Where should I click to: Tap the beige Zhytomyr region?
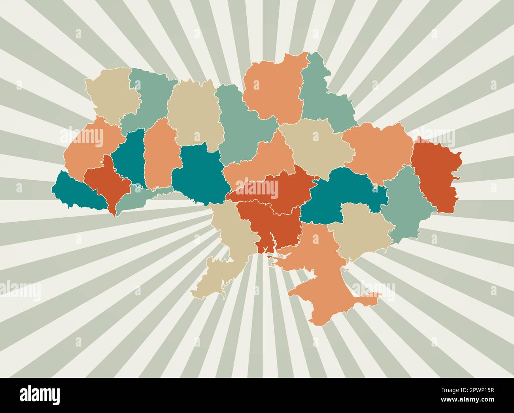[194, 115]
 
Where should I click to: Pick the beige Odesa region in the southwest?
[229, 245]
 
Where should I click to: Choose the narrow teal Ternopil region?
[130, 158]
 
